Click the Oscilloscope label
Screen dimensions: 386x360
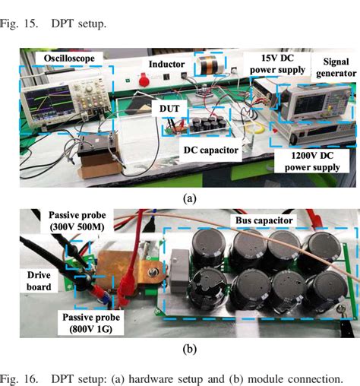[x=66, y=59]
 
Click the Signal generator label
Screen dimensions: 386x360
[x=334, y=66]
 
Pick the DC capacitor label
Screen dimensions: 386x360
[x=210, y=150]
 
